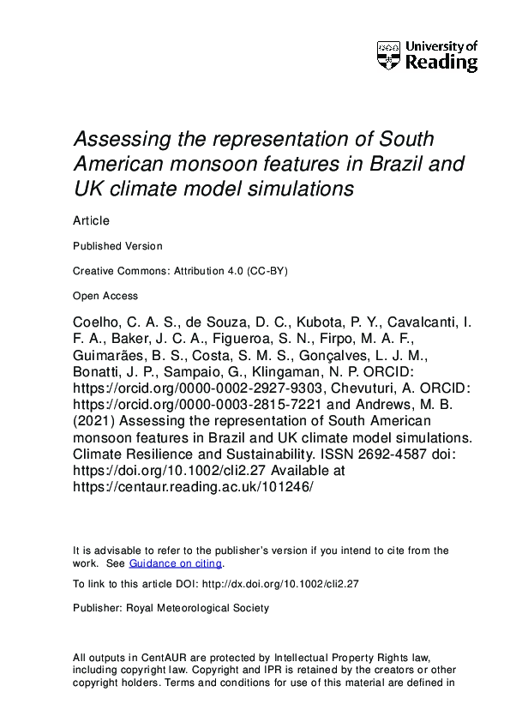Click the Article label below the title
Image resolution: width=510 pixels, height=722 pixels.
click(91, 220)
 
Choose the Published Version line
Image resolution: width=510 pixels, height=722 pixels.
click(117, 246)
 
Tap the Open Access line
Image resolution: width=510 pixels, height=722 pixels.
click(105, 296)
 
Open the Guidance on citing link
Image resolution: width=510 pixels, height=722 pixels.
click(176, 563)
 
